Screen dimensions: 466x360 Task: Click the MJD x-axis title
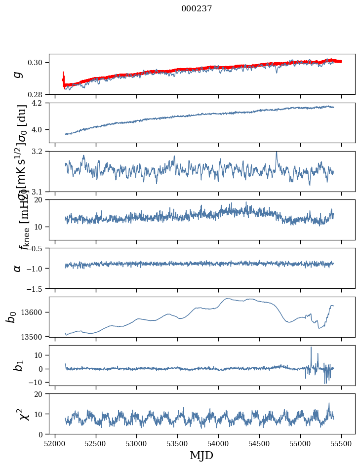(201, 455)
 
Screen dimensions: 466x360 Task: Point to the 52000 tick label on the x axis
(55, 443)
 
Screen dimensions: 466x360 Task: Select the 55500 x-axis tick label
(341, 443)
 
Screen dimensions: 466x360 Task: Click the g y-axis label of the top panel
(18, 74)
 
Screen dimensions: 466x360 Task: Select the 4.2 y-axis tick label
(40, 103)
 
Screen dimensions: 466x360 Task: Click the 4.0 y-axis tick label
(40, 130)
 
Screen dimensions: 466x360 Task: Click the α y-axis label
(18, 268)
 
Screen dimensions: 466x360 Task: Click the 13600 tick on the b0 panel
(36, 312)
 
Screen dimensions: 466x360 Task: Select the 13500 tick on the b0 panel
(36, 337)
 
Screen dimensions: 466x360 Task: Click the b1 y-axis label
(18, 365)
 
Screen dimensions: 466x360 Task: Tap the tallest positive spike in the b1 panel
(311, 348)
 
